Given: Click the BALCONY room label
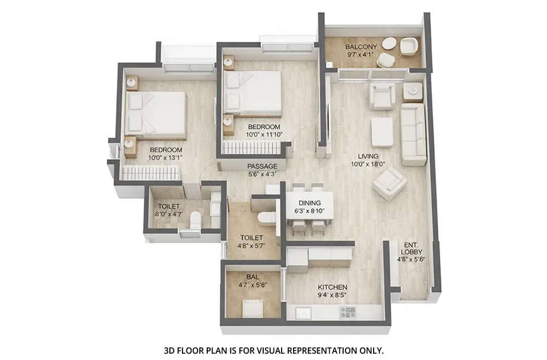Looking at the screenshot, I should (361, 47).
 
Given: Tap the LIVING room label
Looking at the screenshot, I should (368, 156).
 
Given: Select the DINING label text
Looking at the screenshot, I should (309, 203).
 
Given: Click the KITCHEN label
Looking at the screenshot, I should (333, 287).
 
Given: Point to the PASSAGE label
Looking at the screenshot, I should (263, 166).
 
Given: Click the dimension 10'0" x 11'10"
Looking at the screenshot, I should (264, 134).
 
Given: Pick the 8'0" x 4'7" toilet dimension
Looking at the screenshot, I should (169, 214).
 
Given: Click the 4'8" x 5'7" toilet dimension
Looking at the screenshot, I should (252, 245).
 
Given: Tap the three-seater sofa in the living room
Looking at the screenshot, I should (413, 134).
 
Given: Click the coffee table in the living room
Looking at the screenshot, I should (382, 132).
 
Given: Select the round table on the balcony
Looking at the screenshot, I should (389, 43).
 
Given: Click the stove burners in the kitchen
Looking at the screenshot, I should (348, 312).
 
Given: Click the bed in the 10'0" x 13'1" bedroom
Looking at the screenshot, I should (155, 114).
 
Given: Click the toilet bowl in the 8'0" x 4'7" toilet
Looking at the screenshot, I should (195, 219).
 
